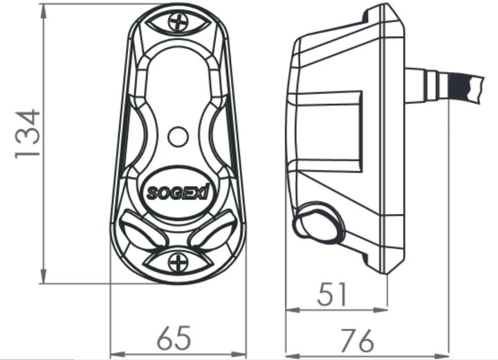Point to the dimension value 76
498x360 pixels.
(x=359, y=340)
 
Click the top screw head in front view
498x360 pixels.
(x=179, y=22)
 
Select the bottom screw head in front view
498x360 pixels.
(x=179, y=262)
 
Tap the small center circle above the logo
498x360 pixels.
(x=178, y=136)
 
